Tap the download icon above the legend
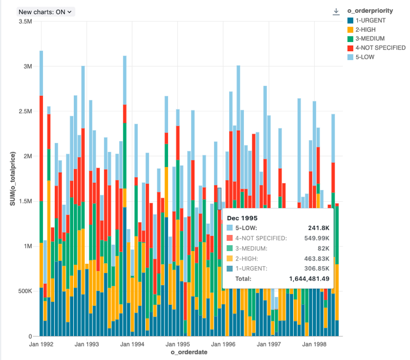pos(336,11)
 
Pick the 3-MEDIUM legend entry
pos(369,39)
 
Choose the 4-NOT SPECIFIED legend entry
pos(380,48)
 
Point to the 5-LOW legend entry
pos(364,57)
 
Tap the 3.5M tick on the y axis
pos(25,22)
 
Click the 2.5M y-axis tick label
pos(25,112)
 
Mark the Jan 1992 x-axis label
pos(40,345)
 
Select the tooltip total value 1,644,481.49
pos(305,279)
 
